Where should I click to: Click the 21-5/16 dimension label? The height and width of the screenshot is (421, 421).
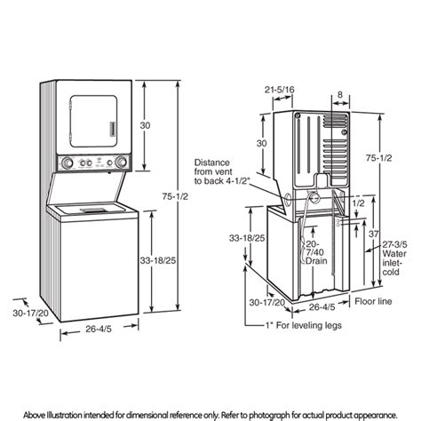(280, 91)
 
